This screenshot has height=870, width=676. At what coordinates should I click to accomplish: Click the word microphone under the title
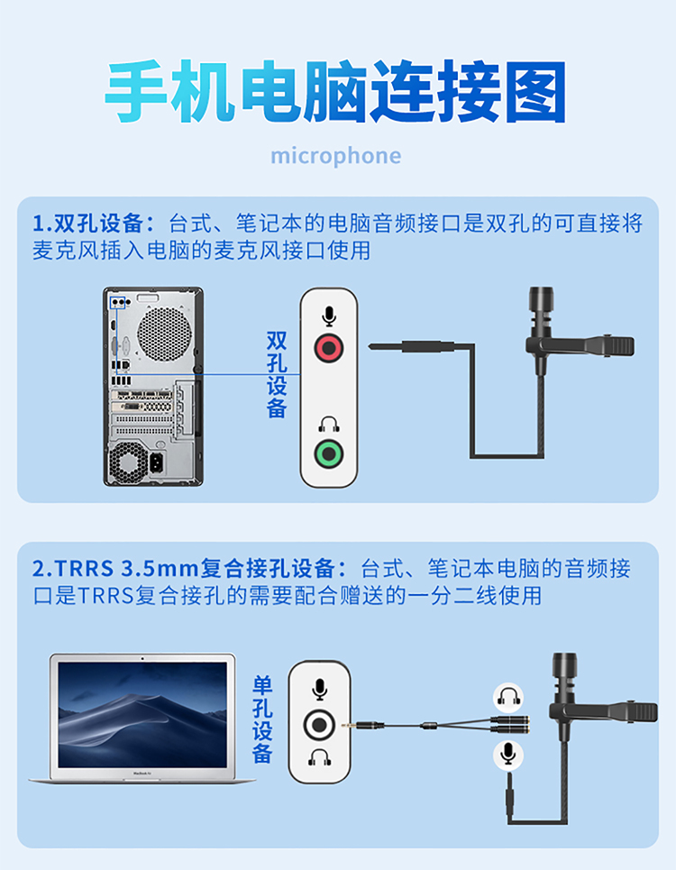(335, 157)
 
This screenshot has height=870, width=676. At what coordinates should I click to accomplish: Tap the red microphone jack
(329, 348)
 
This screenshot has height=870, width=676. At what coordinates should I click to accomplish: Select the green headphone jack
(329, 453)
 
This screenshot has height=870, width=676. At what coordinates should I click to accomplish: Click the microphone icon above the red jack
(329, 316)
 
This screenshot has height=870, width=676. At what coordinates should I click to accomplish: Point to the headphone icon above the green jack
(329, 425)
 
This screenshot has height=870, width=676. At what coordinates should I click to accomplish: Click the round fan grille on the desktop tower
(164, 334)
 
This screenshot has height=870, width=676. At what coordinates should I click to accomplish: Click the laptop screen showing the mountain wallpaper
(142, 715)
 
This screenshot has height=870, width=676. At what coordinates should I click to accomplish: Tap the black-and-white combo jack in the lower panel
(319, 725)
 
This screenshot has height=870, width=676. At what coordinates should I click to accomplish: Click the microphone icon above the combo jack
(319, 690)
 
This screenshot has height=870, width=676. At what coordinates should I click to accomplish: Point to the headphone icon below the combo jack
(319, 757)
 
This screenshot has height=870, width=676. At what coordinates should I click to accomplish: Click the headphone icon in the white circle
(508, 697)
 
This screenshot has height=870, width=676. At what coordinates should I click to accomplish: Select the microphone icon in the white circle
(508, 756)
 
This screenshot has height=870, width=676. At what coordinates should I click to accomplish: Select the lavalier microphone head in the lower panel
(565, 673)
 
